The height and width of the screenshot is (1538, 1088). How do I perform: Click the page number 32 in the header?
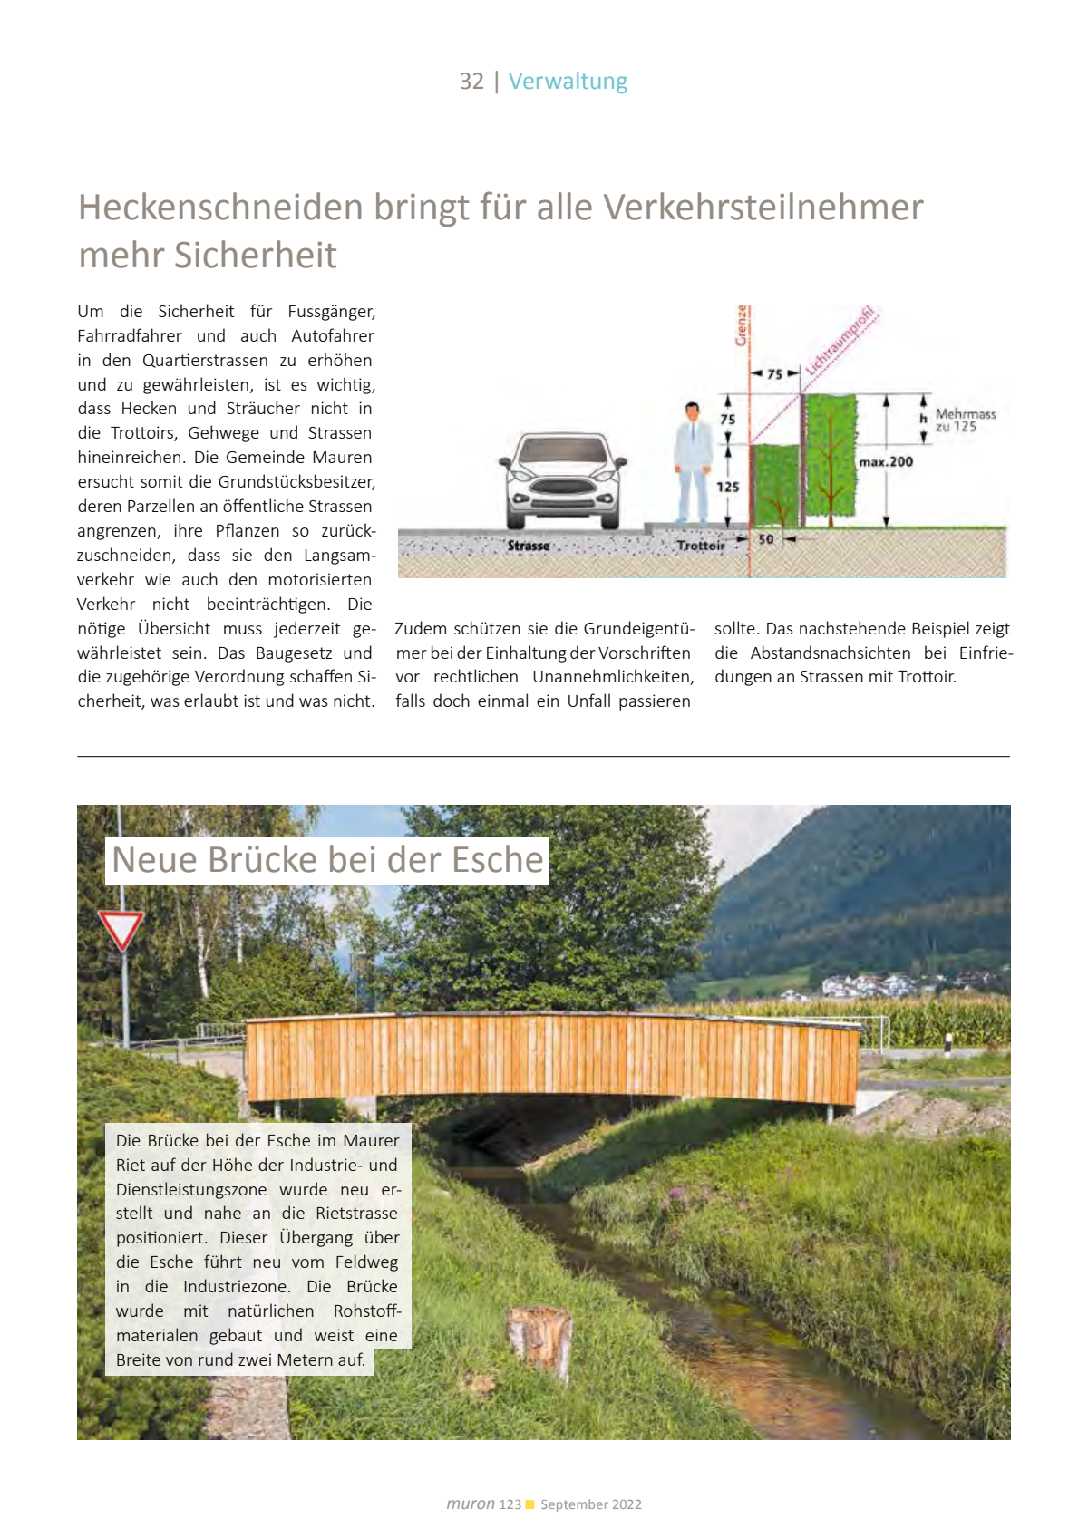click(x=471, y=82)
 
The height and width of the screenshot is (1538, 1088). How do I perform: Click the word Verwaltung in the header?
click(x=568, y=82)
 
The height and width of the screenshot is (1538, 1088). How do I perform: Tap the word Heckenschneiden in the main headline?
click(x=219, y=208)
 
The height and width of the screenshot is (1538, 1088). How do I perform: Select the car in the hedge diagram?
click(x=562, y=480)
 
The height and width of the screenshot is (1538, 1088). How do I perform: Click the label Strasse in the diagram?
click(x=529, y=546)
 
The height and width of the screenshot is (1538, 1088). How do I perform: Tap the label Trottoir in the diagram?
click(x=701, y=546)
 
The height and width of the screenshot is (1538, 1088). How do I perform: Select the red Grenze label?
click(x=742, y=326)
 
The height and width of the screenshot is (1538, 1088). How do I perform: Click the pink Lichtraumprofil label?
click(x=840, y=340)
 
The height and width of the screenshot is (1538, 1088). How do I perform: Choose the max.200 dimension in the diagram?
click(x=886, y=462)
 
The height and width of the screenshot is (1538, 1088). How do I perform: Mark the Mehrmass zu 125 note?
click(x=965, y=421)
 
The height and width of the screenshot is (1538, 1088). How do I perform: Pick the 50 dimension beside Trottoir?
click(x=766, y=539)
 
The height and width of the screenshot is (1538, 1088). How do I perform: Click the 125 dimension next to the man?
click(x=728, y=487)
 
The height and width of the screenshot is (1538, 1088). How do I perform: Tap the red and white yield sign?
click(x=121, y=930)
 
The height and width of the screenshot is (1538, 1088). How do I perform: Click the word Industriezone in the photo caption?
click(x=237, y=1287)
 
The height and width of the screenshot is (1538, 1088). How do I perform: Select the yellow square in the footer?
click(x=530, y=1504)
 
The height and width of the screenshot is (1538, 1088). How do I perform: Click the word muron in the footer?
click(x=471, y=1504)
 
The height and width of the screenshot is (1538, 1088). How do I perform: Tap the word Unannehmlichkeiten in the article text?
click(x=613, y=677)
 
